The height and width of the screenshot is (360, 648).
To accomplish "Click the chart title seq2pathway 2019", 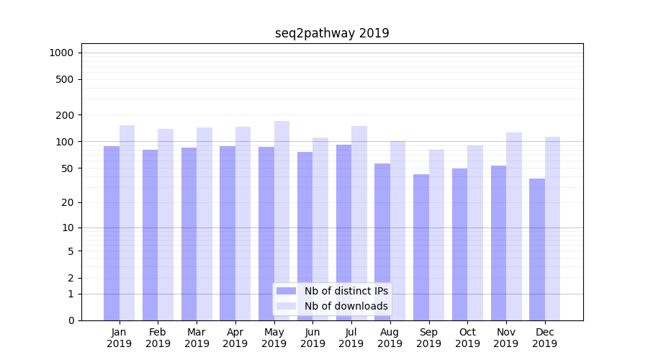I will [x=332, y=33].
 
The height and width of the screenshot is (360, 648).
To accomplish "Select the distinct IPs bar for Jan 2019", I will [x=112, y=233].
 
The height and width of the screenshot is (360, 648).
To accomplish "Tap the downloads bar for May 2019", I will [x=282, y=220].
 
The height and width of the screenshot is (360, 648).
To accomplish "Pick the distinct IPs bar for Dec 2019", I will [x=537, y=249].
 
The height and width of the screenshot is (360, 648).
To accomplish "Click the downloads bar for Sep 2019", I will [x=436, y=235].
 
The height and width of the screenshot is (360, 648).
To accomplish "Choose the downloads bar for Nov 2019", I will [x=514, y=226].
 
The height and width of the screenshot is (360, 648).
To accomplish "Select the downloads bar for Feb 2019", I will [x=166, y=225].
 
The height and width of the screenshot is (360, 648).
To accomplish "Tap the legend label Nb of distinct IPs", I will [x=346, y=291].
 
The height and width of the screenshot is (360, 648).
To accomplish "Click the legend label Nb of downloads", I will [x=346, y=306].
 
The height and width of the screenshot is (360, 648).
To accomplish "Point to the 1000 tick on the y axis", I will [x=61, y=53].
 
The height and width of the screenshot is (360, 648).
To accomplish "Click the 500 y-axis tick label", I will [x=65, y=79].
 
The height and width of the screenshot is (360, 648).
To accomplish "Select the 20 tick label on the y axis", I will [x=68, y=202].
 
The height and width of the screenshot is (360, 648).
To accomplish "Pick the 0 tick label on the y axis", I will [x=71, y=320].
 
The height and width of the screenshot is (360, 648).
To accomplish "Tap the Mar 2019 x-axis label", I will [x=197, y=338].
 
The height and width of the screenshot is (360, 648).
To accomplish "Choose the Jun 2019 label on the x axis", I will [x=312, y=338].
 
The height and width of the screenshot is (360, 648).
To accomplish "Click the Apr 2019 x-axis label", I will [x=235, y=338].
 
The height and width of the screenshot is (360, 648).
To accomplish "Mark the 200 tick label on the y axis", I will [x=65, y=115].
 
